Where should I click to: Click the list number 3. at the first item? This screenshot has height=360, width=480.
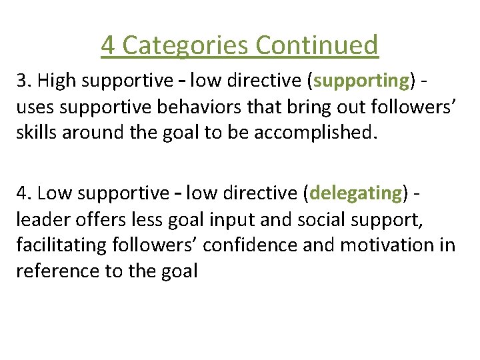click(x=25, y=81)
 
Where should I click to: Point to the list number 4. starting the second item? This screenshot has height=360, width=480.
click(x=25, y=193)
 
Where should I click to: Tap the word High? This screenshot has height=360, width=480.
click(x=56, y=81)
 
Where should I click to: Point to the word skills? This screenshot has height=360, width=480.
click(x=36, y=132)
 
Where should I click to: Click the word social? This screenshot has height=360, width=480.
click(x=318, y=219)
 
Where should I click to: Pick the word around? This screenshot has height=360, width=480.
click(x=94, y=132)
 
